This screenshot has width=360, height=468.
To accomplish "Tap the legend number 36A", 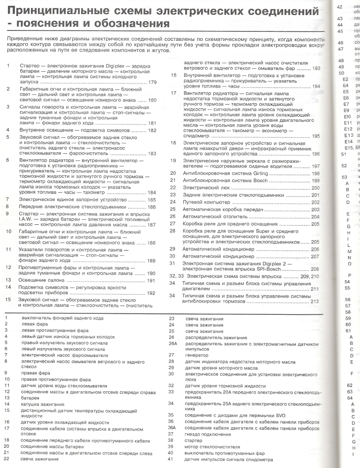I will (172, 427).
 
